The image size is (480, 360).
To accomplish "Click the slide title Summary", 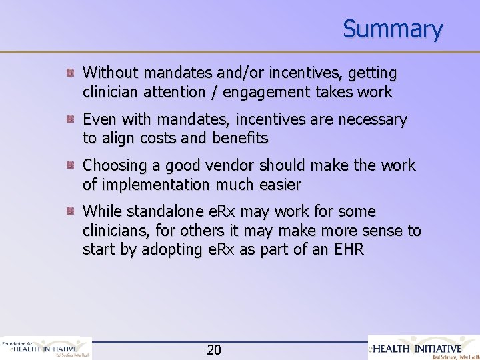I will coord(393,29).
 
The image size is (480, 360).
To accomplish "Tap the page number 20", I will coord(214,349).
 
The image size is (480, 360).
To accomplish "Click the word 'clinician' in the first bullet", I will coord(109,91).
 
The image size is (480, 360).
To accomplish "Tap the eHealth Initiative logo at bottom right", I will coord(425,348).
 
